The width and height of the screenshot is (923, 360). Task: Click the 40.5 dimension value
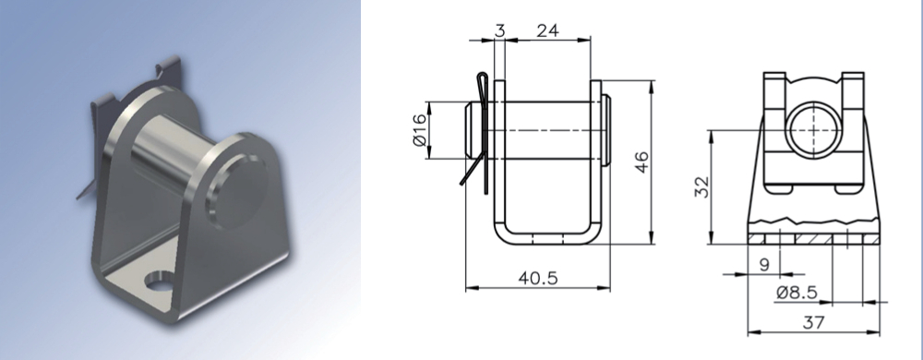pos(537,278)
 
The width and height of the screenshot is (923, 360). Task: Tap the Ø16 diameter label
pos(419,130)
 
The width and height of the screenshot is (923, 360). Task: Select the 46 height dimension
pos(642,162)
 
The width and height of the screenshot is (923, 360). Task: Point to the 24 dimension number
pos(547,30)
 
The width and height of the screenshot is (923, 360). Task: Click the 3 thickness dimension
pos(499,30)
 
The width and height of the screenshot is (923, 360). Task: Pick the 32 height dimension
pos(702,187)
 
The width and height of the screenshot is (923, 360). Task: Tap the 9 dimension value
pos(764,265)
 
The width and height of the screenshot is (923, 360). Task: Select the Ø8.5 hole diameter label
pos(797,293)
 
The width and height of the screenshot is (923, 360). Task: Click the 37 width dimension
pos(813,322)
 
